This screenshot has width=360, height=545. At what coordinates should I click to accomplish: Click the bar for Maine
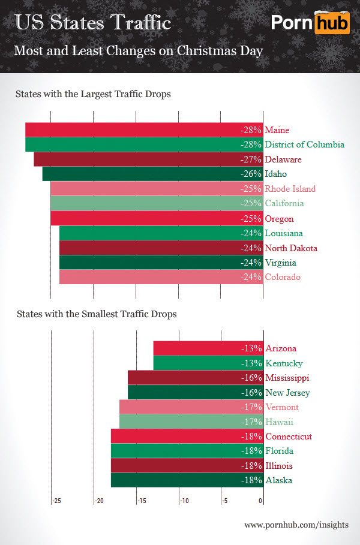click(x=144, y=130)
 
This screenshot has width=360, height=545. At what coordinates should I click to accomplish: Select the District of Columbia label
click(x=304, y=144)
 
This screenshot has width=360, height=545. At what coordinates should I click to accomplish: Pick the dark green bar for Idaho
click(x=152, y=174)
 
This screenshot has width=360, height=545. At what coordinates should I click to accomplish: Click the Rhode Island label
click(x=290, y=189)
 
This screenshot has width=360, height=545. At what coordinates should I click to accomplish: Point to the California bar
click(x=157, y=203)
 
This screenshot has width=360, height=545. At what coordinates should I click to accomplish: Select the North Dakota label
click(x=291, y=248)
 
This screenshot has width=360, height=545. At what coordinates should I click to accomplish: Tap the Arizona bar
click(x=208, y=348)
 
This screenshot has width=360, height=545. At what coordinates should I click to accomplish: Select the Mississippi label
click(x=287, y=378)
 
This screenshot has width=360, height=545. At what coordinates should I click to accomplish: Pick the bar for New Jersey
click(x=195, y=393)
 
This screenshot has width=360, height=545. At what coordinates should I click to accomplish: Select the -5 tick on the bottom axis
click(x=223, y=501)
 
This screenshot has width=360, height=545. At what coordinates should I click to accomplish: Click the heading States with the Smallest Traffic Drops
click(x=97, y=314)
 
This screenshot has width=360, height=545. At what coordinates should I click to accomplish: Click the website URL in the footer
click(x=296, y=525)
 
